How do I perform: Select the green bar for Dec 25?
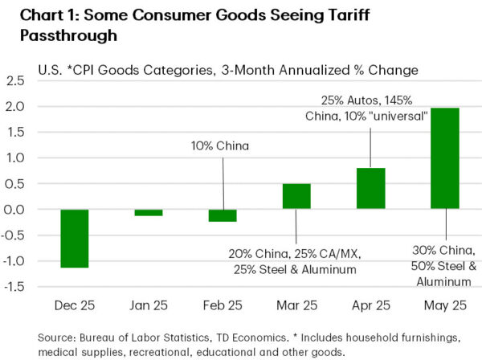pyautogui.click(x=74, y=238)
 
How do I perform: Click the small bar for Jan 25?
pyautogui.click(x=148, y=212)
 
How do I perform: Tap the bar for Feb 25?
pyautogui.click(x=223, y=215)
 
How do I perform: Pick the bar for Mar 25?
pyautogui.click(x=296, y=196)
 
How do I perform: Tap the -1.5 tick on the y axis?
pyautogui.click(x=15, y=287)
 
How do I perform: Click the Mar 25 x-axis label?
pyautogui.click(x=296, y=307)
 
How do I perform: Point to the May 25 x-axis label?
pyautogui.click(x=444, y=307)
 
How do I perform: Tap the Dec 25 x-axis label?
pyautogui.click(x=74, y=307)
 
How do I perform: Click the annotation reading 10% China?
pyautogui.click(x=220, y=145)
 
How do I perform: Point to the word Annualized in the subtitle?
pyautogui.click(x=310, y=70)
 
